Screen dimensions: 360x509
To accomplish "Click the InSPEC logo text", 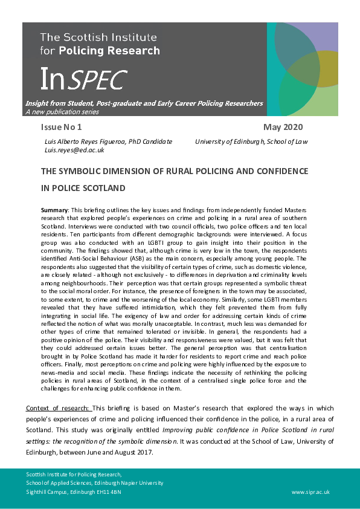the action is (x=83, y=79).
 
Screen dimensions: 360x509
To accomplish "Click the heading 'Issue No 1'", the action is (x=61, y=127).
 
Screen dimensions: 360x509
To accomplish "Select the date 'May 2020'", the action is (x=283, y=127).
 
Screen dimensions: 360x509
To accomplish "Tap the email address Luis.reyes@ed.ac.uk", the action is (x=75, y=150).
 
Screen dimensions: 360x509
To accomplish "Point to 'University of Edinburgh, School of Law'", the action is (x=251, y=141).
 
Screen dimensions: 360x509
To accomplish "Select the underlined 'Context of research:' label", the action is (x=59, y=409).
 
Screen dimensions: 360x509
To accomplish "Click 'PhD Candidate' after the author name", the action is (x=153, y=141).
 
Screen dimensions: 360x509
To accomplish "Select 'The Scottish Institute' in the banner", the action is (x=98, y=37).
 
